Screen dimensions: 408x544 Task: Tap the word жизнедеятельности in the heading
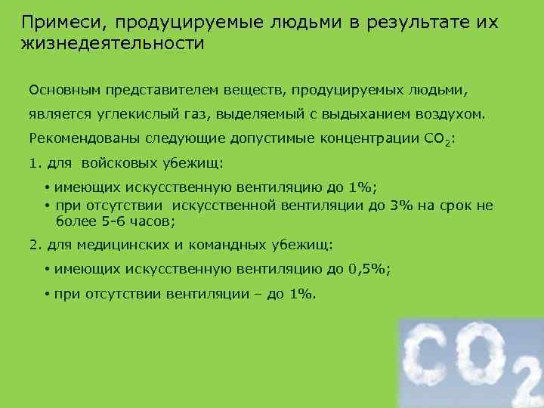point(113,42)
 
